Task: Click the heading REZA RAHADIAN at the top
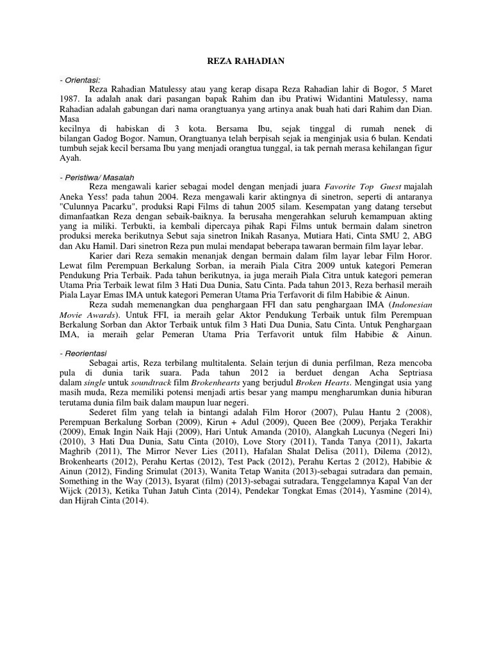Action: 245,61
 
